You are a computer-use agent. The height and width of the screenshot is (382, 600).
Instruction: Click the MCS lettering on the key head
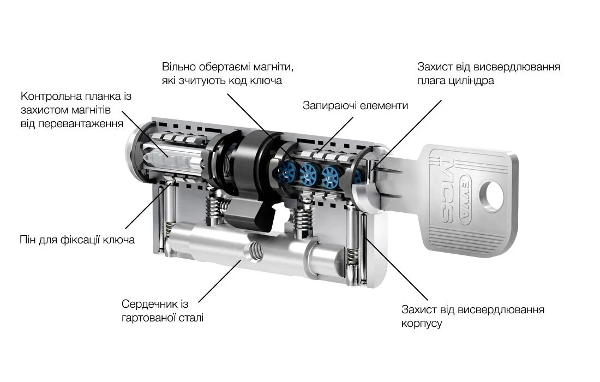pyautogui.click(x=446, y=191)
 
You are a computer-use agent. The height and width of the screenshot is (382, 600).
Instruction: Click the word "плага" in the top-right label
pyautogui.click(x=433, y=81)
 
